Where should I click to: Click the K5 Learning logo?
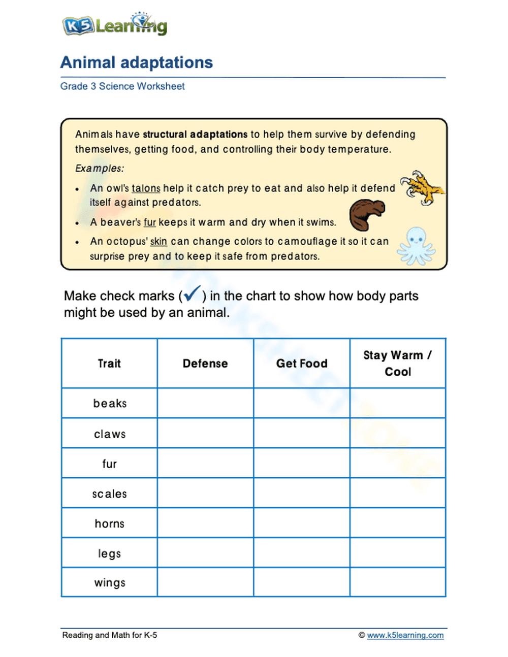tap(114, 24)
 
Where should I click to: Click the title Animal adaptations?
tap(136, 62)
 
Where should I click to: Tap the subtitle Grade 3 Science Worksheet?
tap(122, 86)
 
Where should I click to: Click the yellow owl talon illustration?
tap(421, 187)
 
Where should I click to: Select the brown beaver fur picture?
tap(367, 214)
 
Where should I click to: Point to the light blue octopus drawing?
tap(416, 246)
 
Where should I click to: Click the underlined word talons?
tap(146, 188)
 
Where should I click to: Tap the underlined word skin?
tap(158, 242)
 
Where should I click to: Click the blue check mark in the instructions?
tap(192, 294)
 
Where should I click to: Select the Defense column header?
tap(205, 364)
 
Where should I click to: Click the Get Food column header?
tap(301, 364)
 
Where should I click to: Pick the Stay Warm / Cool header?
tap(397, 364)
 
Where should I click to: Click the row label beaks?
tap(110, 404)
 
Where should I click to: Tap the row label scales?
tap(110, 494)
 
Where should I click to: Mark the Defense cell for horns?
tap(205, 523)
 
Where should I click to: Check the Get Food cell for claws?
tap(301, 433)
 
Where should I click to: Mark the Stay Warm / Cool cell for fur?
tap(397, 463)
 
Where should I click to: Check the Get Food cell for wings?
tap(301, 582)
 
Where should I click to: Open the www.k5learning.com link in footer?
tap(405, 635)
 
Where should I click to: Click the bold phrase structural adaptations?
tap(195, 135)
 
